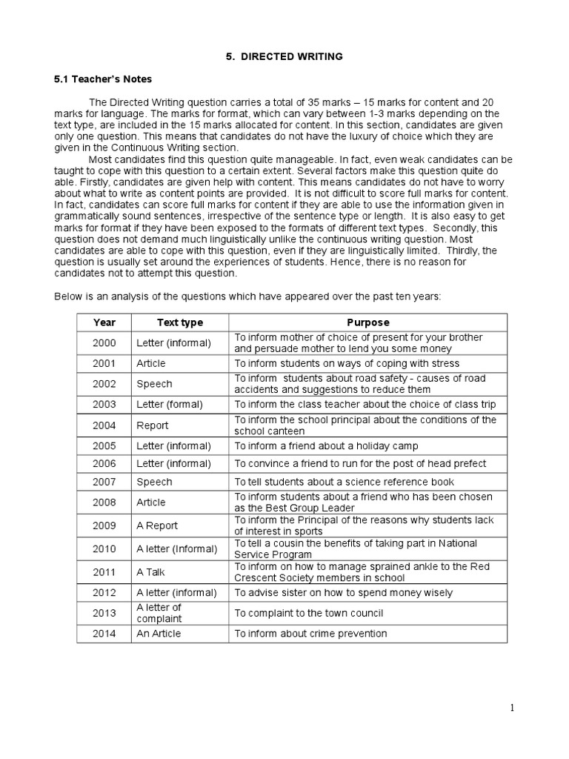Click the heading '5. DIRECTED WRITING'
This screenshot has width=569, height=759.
[284, 56]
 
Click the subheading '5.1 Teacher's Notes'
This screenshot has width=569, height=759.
[103, 79]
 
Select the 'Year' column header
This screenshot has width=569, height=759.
[104, 322]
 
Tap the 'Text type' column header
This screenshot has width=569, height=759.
[180, 322]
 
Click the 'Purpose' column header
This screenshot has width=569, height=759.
[367, 322]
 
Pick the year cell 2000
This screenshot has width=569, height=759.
[104, 342]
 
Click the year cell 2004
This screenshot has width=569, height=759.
[104, 425]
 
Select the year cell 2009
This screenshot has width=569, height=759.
[104, 526]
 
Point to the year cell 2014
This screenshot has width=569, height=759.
[104, 633]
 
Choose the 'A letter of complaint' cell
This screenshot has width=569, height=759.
[159, 612]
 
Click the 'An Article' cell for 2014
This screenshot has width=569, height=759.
[159, 633]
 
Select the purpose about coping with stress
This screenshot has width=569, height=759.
[347, 363]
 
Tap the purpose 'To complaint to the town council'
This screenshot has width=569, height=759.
[319, 613]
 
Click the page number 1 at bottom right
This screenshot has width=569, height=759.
[511, 708]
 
